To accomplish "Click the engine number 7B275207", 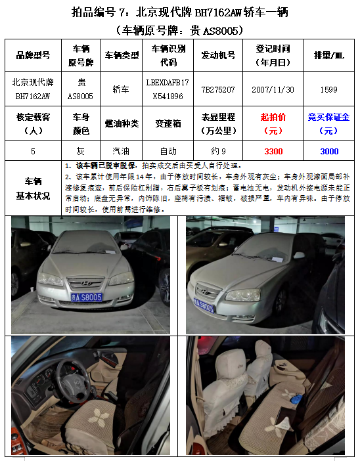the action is (x=218, y=90).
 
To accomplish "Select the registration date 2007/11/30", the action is (x=273, y=90).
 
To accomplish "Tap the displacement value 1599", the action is (x=328, y=90).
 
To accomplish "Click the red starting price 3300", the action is (x=273, y=152).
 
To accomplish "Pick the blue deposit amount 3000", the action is (x=329, y=152).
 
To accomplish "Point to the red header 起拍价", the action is (x=273, y=117).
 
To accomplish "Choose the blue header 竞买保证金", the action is (x=328, y=117).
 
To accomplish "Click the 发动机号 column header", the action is (x=218, y=55).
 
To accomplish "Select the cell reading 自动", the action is (x=168, y=152).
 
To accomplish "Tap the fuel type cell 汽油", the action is (x=121, y=151).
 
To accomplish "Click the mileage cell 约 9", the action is (x=218, y=152).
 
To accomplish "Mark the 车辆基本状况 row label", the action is (x=33, y=188).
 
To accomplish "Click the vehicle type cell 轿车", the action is (x=121, y=89).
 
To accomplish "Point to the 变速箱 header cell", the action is (x=168, y=123).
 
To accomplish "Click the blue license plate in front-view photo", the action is (x=87, y=297).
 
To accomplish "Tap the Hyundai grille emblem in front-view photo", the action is (x=86, y=284).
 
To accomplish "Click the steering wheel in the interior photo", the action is (x=73, y=381).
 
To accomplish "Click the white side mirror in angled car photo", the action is (x=299, y=255).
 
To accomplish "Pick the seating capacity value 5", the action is (x=33, y=152).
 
